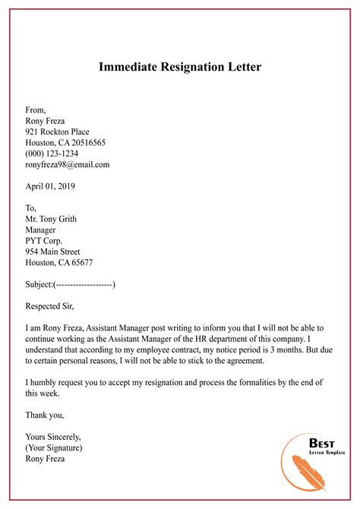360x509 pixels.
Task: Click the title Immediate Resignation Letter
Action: coord(180,67)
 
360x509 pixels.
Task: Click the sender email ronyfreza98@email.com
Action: coord(68,164)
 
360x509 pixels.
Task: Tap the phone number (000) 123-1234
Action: coord(52,153)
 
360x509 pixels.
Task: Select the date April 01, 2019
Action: coord(50,185)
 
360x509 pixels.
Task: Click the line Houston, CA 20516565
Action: coord(65,142)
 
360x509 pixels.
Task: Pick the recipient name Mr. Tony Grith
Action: coord(51,219)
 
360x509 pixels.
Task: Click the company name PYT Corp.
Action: coord(45,240)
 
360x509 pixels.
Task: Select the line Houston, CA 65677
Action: coord(59,262)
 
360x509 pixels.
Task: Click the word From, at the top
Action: coord(36,110)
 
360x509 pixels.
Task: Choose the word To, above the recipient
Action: coord(31,207)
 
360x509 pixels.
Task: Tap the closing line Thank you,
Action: coord(45,415)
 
